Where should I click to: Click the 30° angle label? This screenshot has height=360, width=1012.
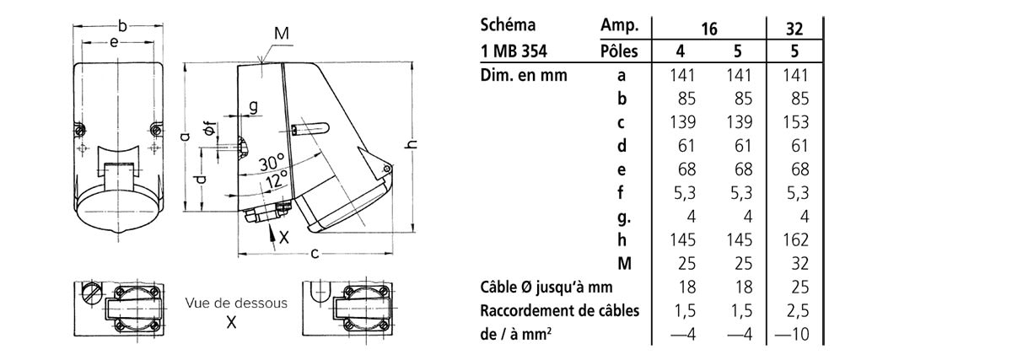coord(272,162)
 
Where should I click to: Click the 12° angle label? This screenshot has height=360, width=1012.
coord(277,180)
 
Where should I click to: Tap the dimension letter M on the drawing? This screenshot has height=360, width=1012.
coord(282,34)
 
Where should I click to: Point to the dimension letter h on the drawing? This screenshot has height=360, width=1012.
coord(412,144)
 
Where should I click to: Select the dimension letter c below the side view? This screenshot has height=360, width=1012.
coord(315,254)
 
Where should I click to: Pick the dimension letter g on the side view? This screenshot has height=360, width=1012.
coord(254,106)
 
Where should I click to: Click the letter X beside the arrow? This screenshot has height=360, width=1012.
coord(283,237)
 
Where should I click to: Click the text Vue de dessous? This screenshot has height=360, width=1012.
coord(236,303)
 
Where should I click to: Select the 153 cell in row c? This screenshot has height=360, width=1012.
coord(795,122)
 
